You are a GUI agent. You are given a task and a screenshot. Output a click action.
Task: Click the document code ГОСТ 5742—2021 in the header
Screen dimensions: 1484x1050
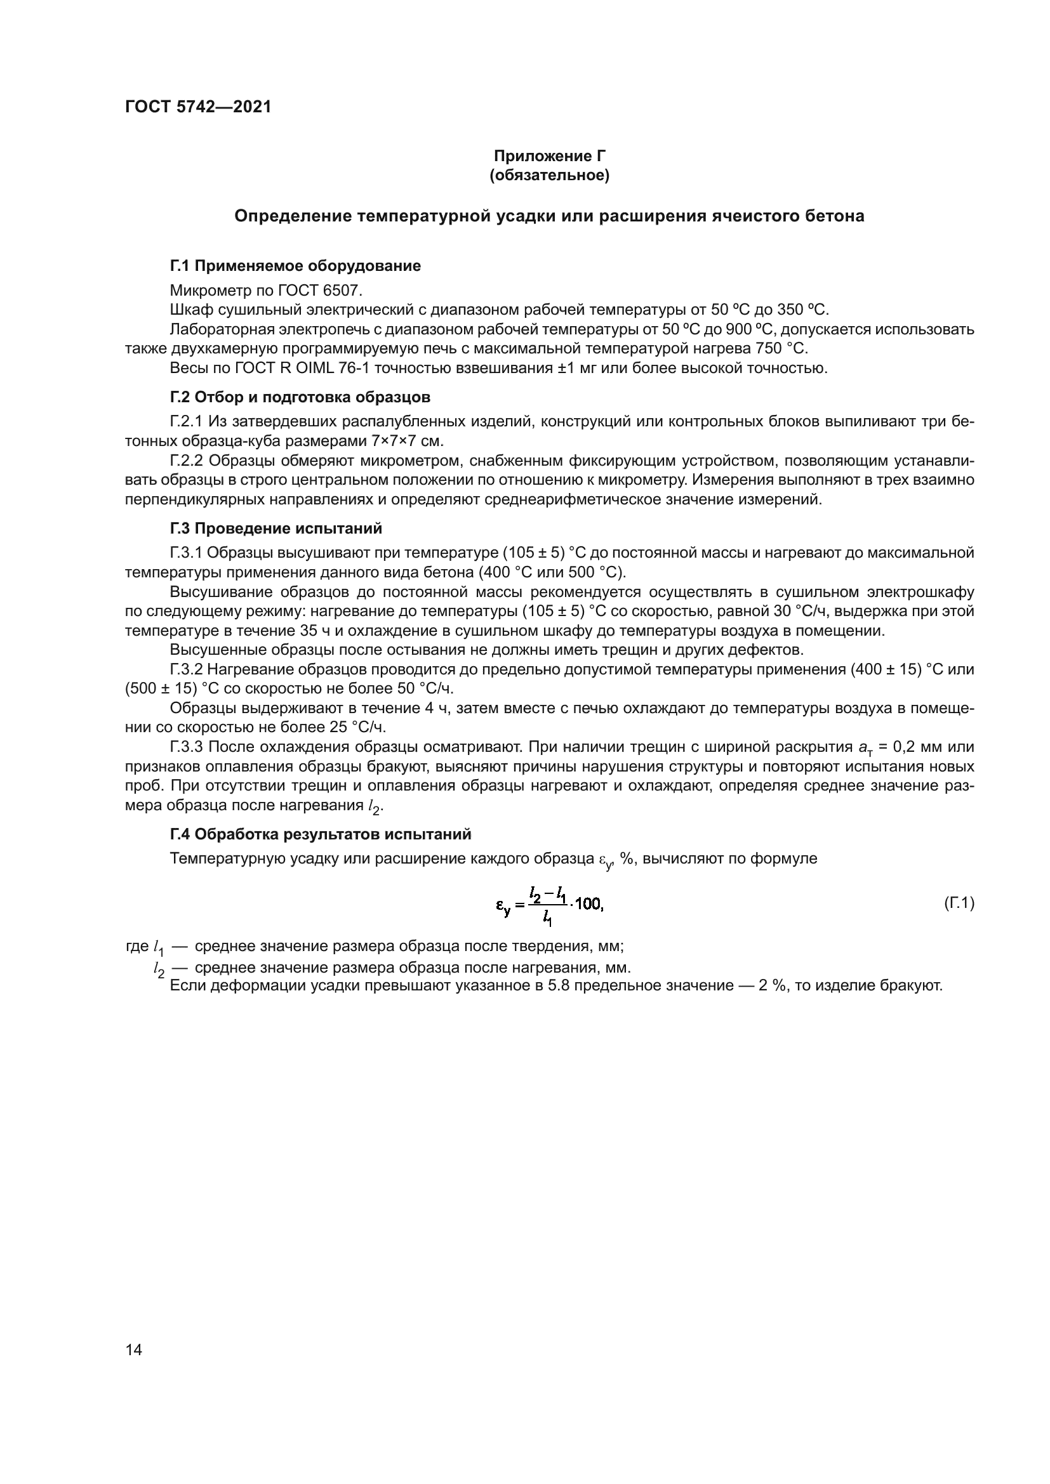[x=198, y=107]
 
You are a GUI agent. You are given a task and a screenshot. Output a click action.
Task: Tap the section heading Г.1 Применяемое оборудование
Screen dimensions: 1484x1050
[x=295, y=266]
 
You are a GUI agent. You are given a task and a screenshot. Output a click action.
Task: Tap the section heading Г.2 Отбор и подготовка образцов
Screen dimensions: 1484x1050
[x=300, y=397]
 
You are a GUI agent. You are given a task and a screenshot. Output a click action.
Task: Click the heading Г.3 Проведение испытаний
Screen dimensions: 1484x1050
[x=276, y=529]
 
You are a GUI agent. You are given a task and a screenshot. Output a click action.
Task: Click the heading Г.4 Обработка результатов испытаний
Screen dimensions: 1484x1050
[x=320, y=834]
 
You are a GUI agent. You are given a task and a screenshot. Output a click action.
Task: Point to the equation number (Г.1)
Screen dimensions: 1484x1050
[x=958, y=903]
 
